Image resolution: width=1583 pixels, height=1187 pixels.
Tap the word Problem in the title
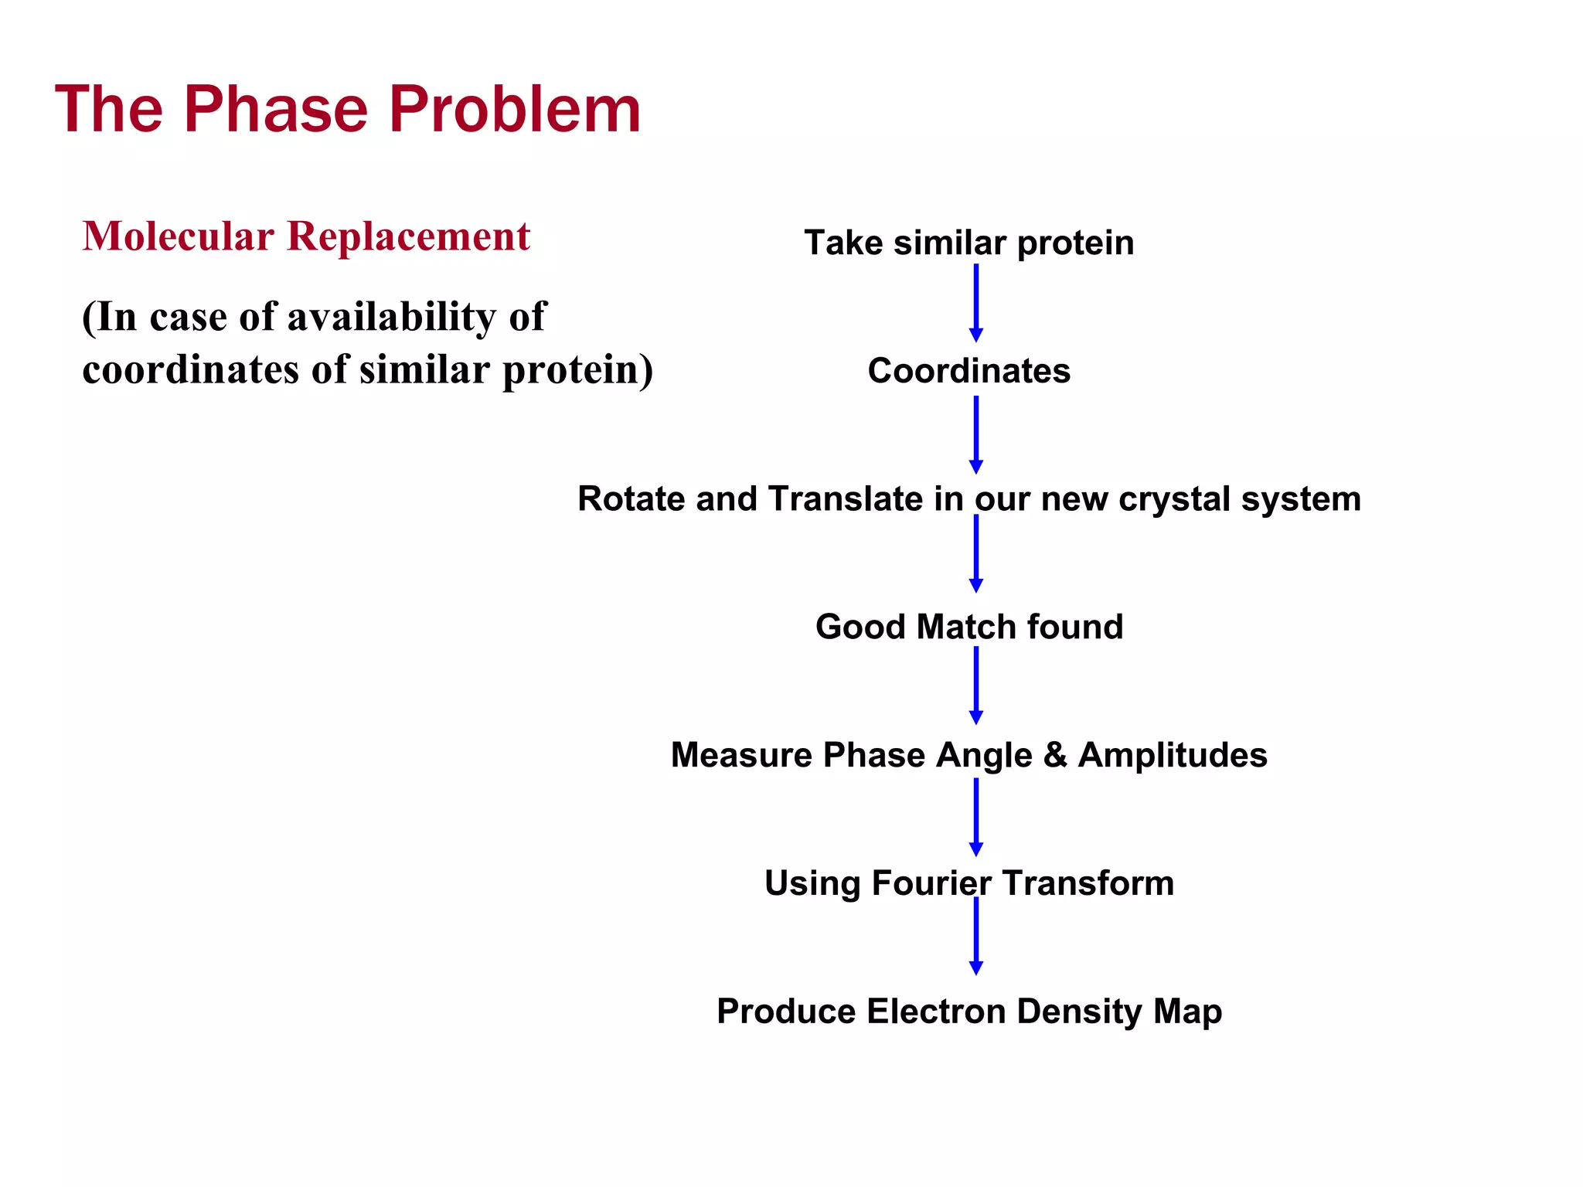click(515, 110)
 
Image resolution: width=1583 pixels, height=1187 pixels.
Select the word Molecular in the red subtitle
click(179, 236)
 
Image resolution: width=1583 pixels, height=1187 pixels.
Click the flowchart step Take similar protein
click(969, 243)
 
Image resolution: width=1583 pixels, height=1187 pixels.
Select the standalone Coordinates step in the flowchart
click(969, 371)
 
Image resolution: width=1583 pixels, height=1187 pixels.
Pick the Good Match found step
click(969, 627)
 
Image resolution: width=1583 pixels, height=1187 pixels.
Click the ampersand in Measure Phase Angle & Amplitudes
click(1055, 755)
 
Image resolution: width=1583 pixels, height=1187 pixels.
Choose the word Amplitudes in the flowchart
click(1173, 755)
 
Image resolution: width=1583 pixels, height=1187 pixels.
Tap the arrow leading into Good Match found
click(975, 553)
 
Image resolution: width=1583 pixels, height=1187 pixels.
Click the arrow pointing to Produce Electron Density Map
click(975, 936)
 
